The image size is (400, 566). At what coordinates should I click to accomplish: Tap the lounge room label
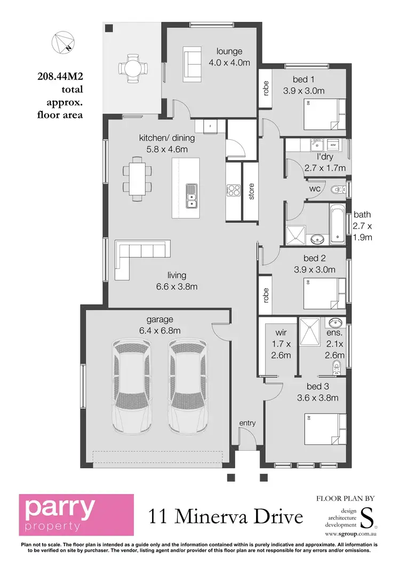[229, 51]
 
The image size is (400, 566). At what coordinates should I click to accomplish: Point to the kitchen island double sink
[191, 195]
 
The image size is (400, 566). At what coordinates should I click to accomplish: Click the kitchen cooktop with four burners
[234, 190]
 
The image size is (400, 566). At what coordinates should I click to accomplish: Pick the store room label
[251, 192]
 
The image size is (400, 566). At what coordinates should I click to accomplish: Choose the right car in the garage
[187, 386]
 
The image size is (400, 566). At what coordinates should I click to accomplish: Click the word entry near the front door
[247, 423]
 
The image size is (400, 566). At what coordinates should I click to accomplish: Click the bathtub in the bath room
[336, 223]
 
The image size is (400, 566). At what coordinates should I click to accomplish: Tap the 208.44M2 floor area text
[60, 77]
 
